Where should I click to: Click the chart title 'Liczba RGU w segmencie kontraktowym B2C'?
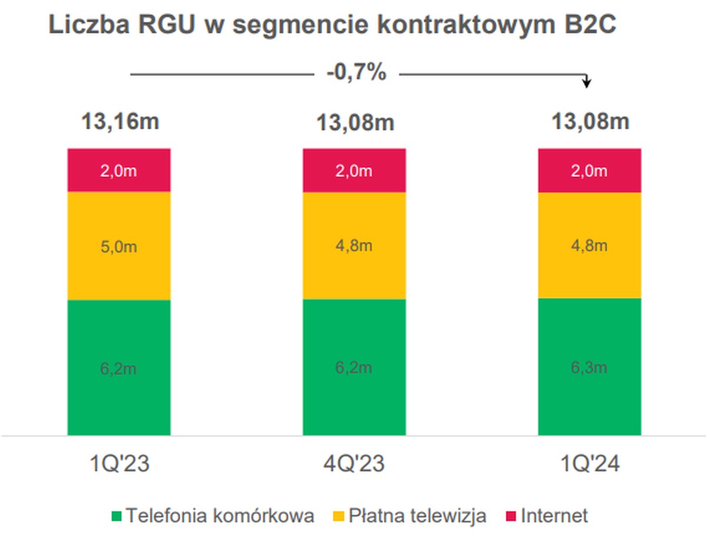click(332, 26)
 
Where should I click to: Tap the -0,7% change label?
click(356, 74)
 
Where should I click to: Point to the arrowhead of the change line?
click(586, 84)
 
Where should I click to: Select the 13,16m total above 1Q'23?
click(119, 122)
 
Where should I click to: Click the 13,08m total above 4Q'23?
click(355, 124)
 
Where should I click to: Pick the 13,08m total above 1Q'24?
click(590, 122)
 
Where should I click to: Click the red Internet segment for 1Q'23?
click(119, 171)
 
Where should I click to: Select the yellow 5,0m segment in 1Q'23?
click(119, 246)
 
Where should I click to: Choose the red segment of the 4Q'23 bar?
click(354, 171)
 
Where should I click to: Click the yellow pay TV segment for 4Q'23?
click(354, 246)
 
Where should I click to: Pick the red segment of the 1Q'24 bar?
click(590, 171)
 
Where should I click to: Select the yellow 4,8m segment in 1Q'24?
click(590, 245)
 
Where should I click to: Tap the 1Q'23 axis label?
click(119, 465)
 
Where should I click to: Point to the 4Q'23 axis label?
click(354, 465)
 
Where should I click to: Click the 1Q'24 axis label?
click(590, 465)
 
